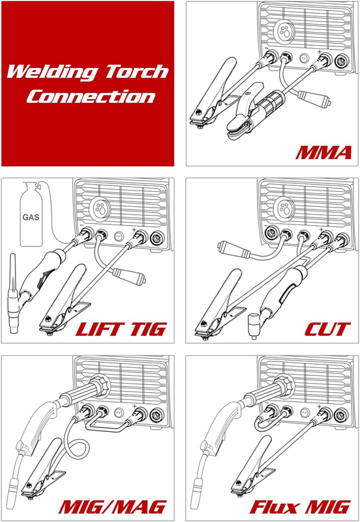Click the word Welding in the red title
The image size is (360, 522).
click(x=52, y=72)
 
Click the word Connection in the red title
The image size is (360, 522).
click(x=91, y=97)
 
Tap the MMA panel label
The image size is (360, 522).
click(x=323, y=153)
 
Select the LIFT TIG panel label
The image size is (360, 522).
click(x=121, y=330)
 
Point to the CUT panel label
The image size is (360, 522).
click(x=327, y=330)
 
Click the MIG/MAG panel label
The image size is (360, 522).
click(x=113, y=507)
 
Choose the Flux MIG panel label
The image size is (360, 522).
click(x=300, y=507)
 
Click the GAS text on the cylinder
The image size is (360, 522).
click(x=31, y=217)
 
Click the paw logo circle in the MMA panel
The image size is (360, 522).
click(x=284, y=31)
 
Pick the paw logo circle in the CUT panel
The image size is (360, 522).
click(x=284, y=208)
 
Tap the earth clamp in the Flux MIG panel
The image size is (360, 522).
click(x=253, y=466)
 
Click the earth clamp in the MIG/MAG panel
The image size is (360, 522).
click(x=43, y=468)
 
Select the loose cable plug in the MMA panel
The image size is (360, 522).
click(x=314, y=98)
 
